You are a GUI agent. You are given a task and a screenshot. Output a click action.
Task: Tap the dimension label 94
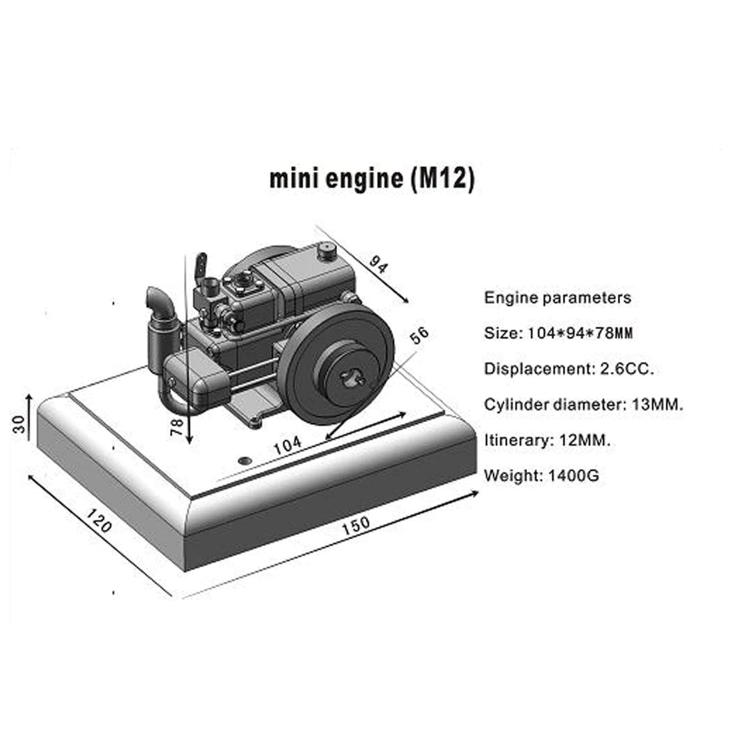point(378,266)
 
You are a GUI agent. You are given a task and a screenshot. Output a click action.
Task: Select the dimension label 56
point(419,336)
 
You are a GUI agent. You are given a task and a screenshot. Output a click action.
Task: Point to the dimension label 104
point(288,444)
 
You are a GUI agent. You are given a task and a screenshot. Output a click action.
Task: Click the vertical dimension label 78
point(176,425)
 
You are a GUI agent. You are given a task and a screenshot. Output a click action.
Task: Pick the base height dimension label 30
point(19,423)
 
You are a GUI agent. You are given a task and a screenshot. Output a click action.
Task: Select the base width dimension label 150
point(356,524)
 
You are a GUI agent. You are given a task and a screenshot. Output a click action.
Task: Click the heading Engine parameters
point(558,297)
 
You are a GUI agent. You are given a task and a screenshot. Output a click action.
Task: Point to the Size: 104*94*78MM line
point(558,333)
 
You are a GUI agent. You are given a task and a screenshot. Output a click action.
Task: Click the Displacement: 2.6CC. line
point(569,368)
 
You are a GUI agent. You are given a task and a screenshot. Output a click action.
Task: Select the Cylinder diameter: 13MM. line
point(583,404)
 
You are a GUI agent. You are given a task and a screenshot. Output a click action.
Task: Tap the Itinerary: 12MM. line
point(548,439)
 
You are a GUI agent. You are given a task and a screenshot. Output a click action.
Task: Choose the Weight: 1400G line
point(542,475)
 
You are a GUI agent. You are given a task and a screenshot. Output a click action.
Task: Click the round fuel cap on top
point(326,250)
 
